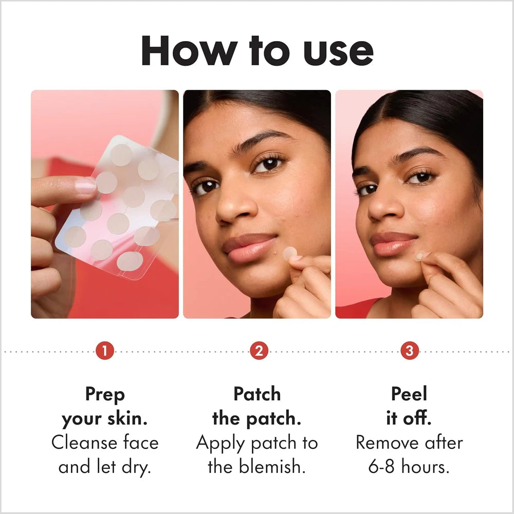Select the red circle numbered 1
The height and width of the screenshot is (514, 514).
click(x=105, y=351)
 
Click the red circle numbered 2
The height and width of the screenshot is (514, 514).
click(x=259, y=351)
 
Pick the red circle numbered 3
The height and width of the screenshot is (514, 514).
click(x=410, y=351)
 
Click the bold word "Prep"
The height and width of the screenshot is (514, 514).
click(x=105, y=395)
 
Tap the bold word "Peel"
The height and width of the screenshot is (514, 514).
click(x=409, y=393)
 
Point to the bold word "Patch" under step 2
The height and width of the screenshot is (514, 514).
click(x=257, y=393)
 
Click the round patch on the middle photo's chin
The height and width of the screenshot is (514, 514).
click(x=290, y=253)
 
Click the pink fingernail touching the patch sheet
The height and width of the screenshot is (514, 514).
click(x=85, y=186)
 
